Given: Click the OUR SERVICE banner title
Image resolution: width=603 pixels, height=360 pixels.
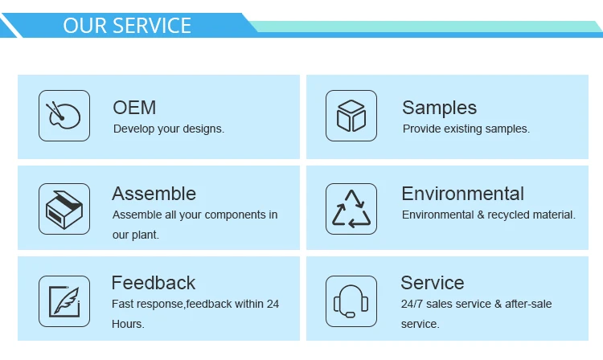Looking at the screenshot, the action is pos(127,26).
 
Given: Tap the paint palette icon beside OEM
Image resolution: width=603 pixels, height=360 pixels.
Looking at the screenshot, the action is pos(64,116).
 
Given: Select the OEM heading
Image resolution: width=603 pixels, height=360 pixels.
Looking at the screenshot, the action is pos(134,108).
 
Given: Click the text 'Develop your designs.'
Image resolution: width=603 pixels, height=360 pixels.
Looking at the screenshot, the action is pos(169,129).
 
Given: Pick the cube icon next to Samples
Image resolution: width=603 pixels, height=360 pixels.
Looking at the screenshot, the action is pos(351,116).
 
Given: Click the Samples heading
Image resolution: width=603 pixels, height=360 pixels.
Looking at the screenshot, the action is pos(439,108).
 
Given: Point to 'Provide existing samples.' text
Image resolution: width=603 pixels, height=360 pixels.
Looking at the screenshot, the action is pos(466,129).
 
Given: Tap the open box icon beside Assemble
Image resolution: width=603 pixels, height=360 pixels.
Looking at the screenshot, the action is pos(64,209).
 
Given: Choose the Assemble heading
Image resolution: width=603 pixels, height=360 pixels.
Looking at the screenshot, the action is pos(154,194).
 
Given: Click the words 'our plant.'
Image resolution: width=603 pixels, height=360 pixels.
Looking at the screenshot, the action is pos(136,235).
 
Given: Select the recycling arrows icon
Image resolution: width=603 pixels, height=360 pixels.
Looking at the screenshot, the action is pos(351,209).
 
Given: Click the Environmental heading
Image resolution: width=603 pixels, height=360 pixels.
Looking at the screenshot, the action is pos(462,194).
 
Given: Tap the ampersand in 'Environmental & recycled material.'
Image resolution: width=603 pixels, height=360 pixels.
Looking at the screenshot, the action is pos(481,215).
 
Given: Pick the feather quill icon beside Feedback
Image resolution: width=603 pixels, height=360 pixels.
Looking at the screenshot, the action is pos(64,301).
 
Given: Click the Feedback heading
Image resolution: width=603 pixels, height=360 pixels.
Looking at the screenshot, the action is pos(154,283).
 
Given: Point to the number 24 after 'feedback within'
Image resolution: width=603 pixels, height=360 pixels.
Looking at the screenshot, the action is pos(273,304).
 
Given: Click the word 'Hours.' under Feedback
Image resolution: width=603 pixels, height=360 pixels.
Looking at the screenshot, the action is pos(128,324).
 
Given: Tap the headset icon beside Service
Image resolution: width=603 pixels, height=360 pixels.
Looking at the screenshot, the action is pos(351,301).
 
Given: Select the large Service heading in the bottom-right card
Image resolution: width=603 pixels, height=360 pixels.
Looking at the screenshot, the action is pos(433,283).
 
